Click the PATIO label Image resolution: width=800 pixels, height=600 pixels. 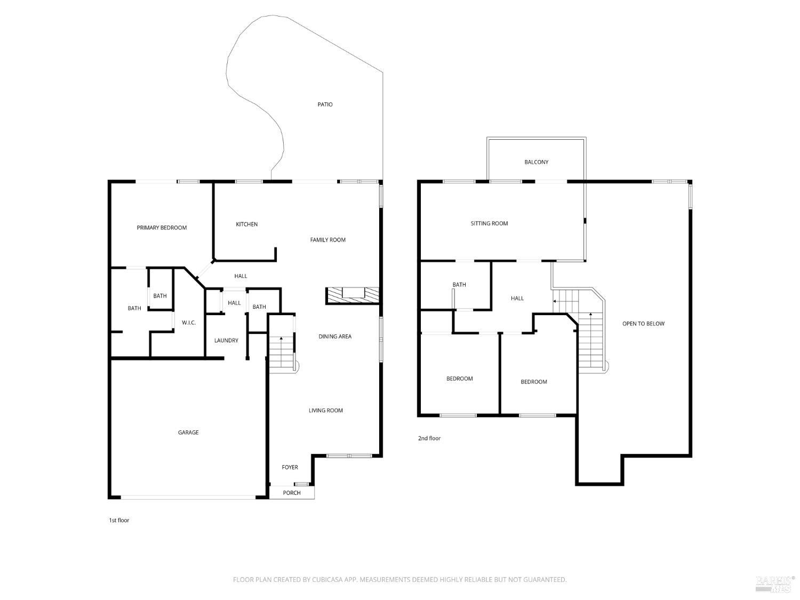point(325,105)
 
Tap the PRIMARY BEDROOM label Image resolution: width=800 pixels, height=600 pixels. point(162,228)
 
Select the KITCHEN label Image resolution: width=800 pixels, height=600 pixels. point(247,225)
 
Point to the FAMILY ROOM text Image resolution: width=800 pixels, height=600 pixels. point(327,239)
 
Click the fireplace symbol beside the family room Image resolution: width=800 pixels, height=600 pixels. point(353,295)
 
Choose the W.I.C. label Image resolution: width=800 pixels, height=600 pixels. point(189,323)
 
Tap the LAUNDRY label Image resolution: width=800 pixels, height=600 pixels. point(226,341)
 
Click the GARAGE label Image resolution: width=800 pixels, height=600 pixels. point(188,433)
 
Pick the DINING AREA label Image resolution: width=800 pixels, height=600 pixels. point(335,337)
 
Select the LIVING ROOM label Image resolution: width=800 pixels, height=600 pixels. point(325,411)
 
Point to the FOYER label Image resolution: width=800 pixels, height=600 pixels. point(290,467)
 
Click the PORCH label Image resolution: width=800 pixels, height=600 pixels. point(292,493)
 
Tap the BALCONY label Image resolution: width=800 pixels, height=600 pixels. point(536,162)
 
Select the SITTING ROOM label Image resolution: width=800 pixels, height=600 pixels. point(489,223)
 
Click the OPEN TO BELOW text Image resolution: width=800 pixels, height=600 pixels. point(643,324)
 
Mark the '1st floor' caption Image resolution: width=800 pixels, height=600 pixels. point(119,520)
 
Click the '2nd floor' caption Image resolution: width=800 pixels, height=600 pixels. point(429,438)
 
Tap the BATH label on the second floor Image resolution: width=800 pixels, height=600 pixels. point(459,285)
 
